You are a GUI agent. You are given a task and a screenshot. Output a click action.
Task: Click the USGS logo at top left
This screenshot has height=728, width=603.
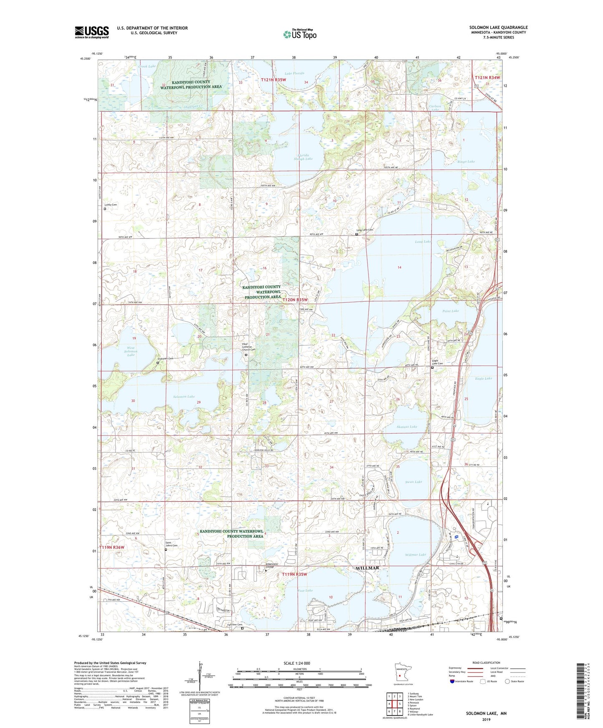click(91, 32)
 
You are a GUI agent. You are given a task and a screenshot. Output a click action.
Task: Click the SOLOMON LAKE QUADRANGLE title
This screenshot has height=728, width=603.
click(498, 28)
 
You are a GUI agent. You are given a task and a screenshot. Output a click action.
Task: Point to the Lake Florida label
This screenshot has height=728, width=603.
click(294, 73)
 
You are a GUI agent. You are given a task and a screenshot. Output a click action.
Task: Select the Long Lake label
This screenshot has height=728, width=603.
click(423, 242)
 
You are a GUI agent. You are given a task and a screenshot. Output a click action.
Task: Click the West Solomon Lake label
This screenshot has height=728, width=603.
click(131, 351)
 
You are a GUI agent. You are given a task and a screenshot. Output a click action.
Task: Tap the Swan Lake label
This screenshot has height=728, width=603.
click(414, 482)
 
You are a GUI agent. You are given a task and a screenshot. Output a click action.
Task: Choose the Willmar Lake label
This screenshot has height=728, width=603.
click(416, 555)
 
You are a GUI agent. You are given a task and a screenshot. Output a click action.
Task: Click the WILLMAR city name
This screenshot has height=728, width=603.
click(367, 568)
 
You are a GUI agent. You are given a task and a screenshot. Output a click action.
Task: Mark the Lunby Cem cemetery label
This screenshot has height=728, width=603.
click(111, 205)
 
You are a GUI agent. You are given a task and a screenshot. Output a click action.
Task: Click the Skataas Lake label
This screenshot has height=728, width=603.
click(406, 427)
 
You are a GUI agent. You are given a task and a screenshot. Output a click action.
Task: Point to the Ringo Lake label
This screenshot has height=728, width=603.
click(466, 161)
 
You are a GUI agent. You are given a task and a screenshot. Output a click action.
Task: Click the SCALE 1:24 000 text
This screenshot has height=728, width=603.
click(297, 663)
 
